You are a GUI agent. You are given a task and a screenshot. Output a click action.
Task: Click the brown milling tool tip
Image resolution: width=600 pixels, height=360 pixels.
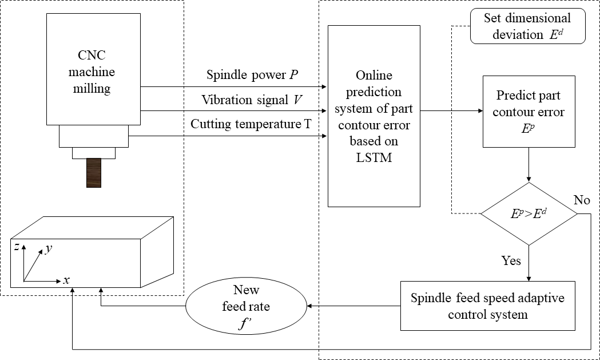[x=93, y=172]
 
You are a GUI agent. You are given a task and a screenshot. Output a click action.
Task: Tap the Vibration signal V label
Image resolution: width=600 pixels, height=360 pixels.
[x=252, y=100]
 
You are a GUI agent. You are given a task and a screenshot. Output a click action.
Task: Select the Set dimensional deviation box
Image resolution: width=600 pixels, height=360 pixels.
[x=527, y=26]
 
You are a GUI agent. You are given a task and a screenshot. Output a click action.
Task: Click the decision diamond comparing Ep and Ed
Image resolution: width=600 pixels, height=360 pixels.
[x=529, y=214]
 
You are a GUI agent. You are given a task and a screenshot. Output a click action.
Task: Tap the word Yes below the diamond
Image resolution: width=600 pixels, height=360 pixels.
[x=511, y=260]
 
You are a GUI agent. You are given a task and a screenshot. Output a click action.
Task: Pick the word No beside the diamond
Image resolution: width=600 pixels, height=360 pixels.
[x=581, y=200]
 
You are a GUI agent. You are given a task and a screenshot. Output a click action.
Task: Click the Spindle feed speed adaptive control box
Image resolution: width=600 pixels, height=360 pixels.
[x=487, y=306]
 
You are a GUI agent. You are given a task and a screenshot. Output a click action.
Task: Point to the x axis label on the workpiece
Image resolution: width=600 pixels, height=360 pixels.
[x=66, y=280]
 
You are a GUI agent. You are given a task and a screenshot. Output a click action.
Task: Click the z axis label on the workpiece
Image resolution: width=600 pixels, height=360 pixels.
[x=18, y=246]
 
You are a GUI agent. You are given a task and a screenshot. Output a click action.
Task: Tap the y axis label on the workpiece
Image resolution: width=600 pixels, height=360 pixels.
[x=49, y=250]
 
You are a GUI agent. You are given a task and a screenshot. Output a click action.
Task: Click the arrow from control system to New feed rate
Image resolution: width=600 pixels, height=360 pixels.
[x=353, y=306]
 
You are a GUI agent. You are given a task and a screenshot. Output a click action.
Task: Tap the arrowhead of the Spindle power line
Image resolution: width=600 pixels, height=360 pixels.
[x=324, y=87]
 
